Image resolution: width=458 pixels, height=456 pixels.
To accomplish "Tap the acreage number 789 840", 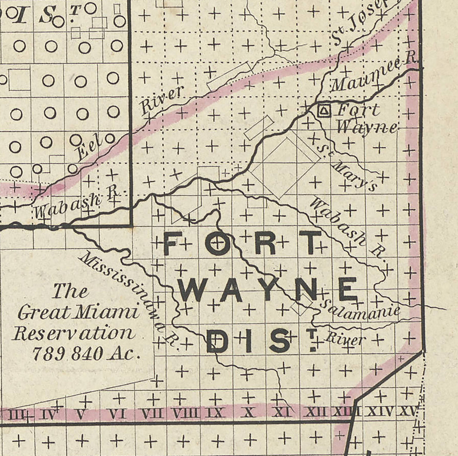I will [67, 353].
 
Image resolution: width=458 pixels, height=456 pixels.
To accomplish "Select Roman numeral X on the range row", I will [248, 412].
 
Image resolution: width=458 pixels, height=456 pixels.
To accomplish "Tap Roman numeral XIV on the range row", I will [380, 411].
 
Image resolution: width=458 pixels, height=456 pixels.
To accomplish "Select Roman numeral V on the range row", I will [80, 414].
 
